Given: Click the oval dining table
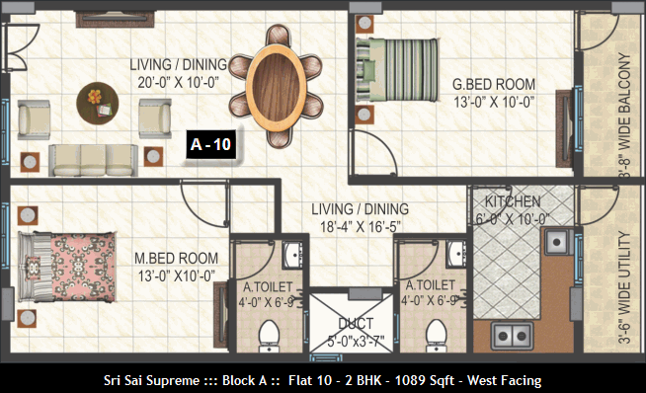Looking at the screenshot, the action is click(276, 87).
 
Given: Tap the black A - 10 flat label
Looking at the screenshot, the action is click(211, 144).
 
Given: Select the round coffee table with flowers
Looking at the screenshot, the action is click(98, 103).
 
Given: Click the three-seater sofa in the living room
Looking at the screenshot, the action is click(93, 160).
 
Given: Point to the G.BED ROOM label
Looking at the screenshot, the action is click(494, 85).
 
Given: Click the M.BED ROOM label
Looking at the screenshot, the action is click(177, 259).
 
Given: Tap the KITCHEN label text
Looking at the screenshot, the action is click(513, 201).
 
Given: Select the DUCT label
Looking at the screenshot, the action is click(356, 324).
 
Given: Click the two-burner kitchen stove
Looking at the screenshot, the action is click(512, 336).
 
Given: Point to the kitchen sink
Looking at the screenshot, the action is click(557, 241).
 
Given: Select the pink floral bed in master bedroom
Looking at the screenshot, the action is click(67, 267).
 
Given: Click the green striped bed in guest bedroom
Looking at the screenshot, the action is click(397, 70).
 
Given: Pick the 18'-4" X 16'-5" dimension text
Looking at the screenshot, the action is click(361, 227).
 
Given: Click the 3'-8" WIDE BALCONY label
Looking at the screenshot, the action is click(624, 116).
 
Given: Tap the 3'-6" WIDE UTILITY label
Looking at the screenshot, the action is click(624, 287).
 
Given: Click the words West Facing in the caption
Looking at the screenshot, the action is click(504, 380).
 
